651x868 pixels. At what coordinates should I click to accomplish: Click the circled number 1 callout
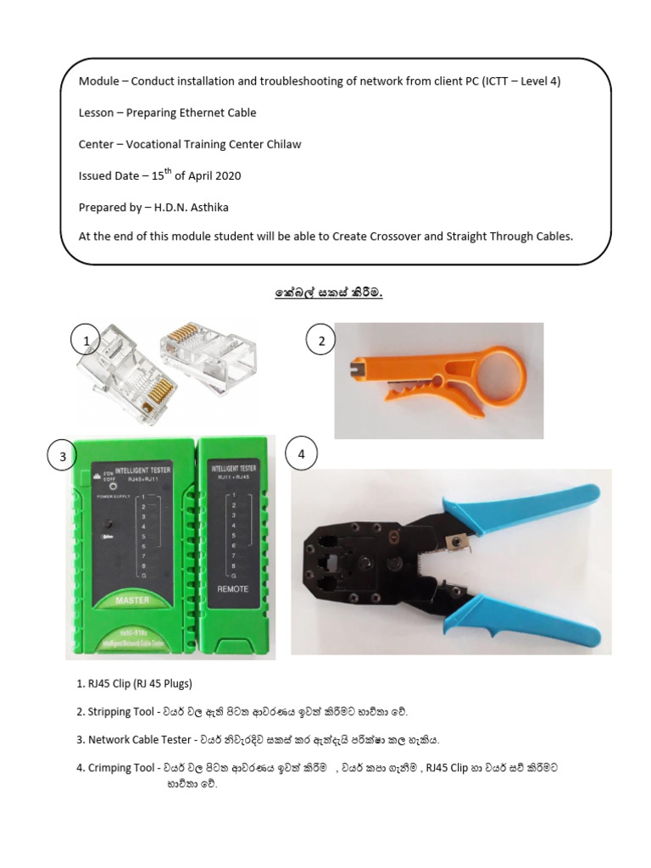(86, 342)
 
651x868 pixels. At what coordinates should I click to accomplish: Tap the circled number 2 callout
(321, 342)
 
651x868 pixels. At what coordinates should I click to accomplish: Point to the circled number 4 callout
(301, 454)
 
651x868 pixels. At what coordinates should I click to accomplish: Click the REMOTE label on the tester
(233, 588)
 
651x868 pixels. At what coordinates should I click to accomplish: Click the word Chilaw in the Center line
(282, 144)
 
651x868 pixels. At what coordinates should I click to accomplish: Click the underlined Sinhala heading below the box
(328, 293)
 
